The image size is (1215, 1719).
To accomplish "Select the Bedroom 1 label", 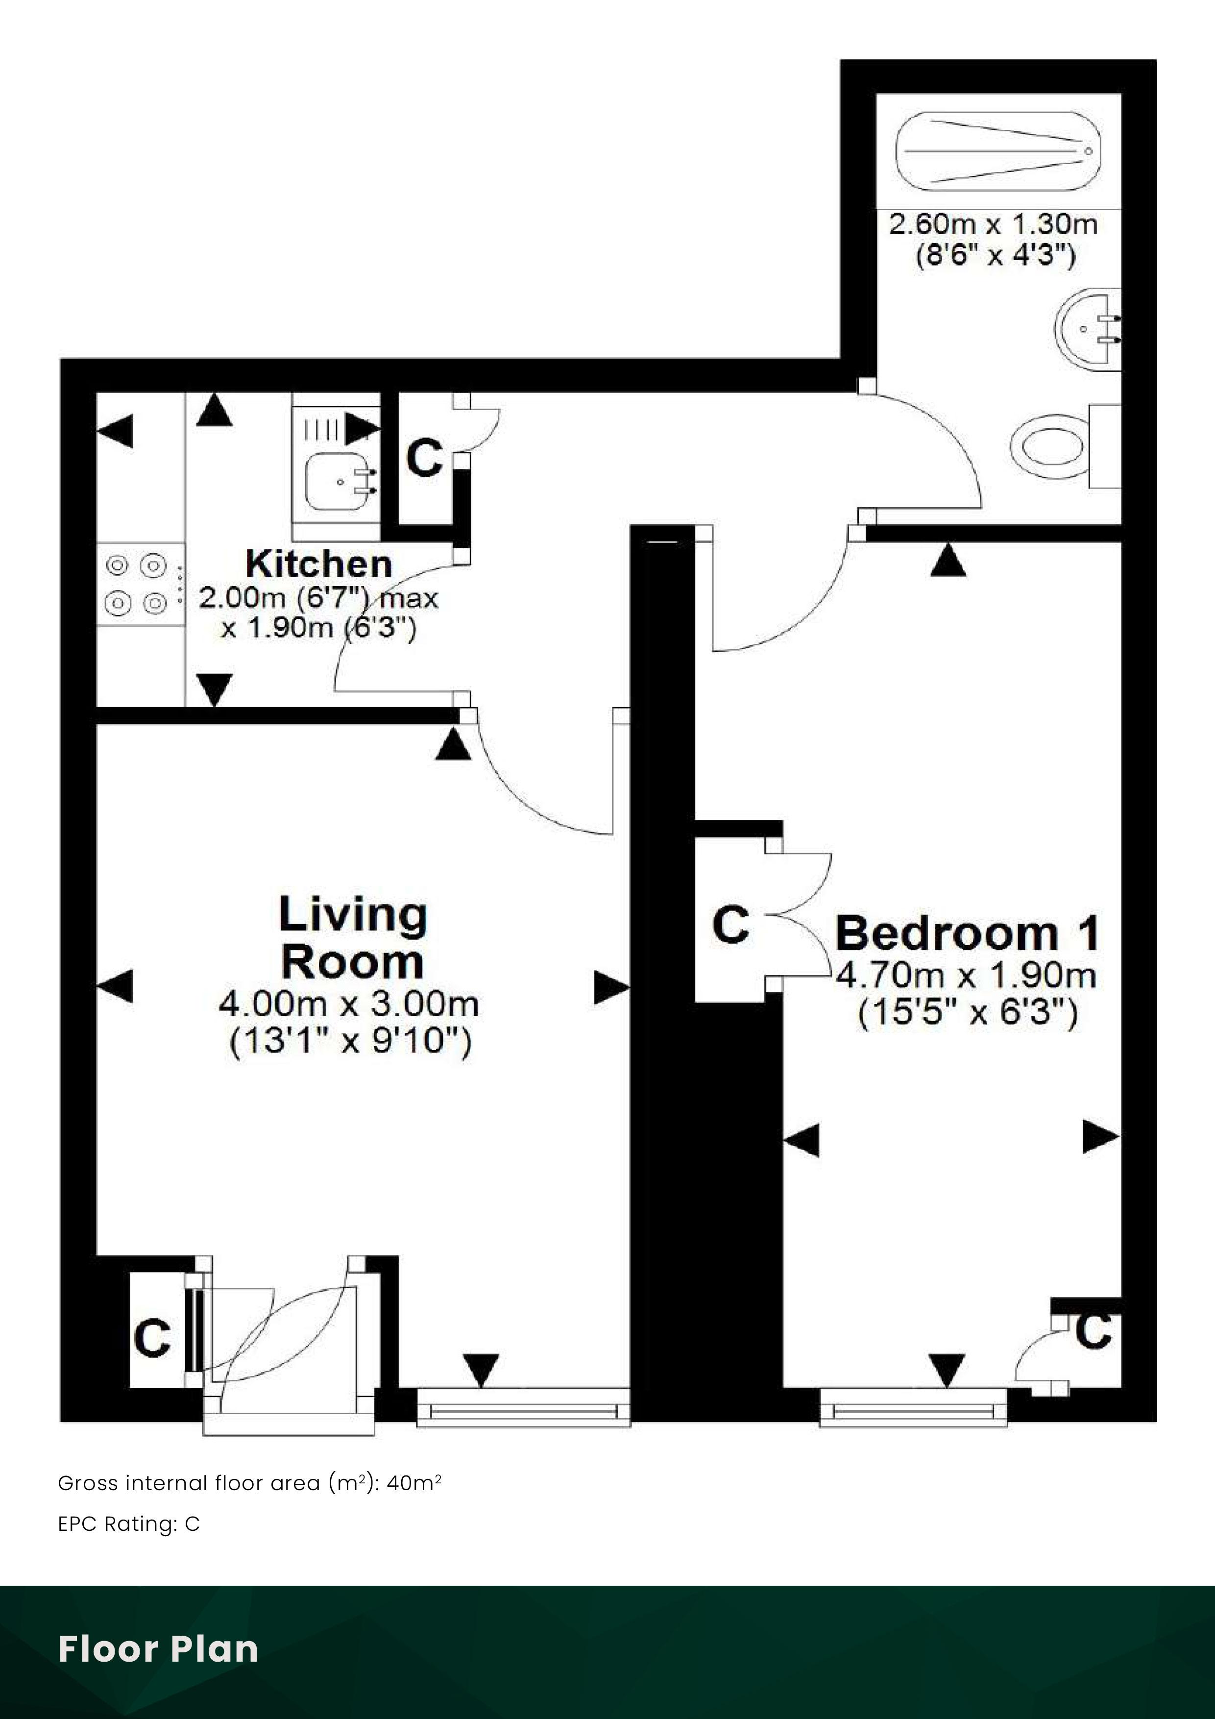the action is click(x=967, y=933).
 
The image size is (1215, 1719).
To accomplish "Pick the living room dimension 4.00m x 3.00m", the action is click(x=349, y=1003).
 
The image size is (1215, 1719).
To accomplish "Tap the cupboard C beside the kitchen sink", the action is click(x=424, y=458).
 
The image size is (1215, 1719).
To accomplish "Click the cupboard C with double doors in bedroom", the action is click(x=730, y=925).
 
